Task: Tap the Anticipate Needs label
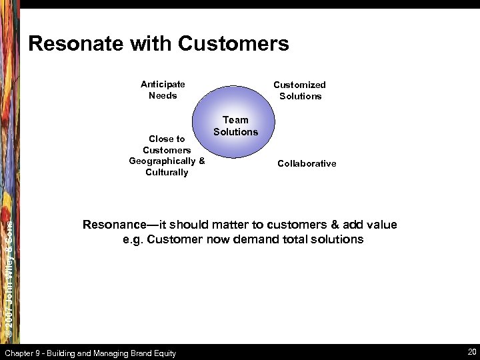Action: [x=163, y=90]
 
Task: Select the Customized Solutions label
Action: [x=300, y=91]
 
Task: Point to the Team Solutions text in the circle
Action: [x=235, y=126]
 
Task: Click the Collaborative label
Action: [x=307, y=163]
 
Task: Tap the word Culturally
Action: [x=167, y=173]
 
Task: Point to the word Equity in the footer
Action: [x=163, y=353]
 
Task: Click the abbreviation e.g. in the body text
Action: [x=134, y=239]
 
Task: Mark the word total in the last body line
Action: [x=299, y=239]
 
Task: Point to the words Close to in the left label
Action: [x=167, y=139]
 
